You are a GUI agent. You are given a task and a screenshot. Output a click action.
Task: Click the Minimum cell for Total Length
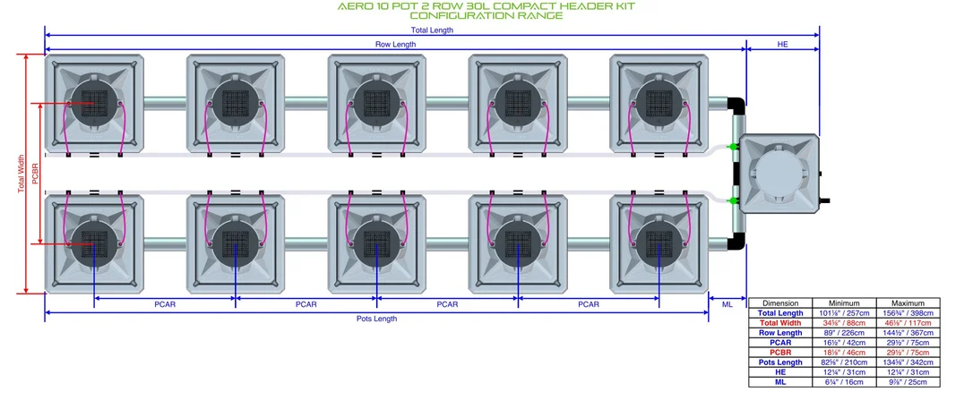click(x=843, y=313)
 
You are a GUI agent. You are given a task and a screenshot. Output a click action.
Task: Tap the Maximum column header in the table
click(x=908, y=303)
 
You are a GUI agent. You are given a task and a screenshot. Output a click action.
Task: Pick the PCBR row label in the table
click(x=780, y=353)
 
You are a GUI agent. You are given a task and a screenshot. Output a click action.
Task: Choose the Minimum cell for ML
click(x=843, y=382)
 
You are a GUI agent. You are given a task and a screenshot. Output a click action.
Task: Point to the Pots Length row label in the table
click(x=780, y=362)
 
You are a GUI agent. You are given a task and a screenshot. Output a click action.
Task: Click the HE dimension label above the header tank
click(x=782, y=45)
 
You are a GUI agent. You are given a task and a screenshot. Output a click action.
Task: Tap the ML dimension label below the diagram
click(x=728, y=304)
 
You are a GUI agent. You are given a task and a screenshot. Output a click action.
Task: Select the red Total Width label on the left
click(x=22, y=174)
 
